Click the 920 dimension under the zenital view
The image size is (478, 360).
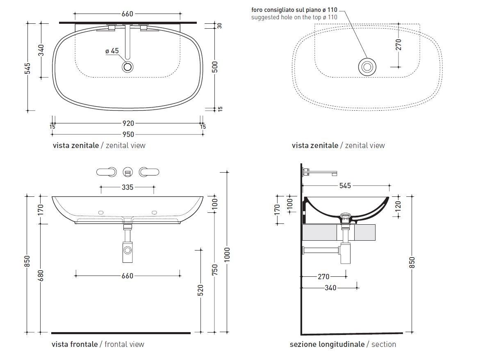128,123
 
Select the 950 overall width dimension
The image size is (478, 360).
128,134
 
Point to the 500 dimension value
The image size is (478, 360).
214,67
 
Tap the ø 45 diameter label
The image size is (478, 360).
112,51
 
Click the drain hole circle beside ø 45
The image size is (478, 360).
128,67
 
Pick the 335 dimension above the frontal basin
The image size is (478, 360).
127,187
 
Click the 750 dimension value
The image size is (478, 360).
214,270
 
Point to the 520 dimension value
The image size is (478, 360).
200,290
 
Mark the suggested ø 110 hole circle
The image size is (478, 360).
367,67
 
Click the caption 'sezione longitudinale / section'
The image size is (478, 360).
343,344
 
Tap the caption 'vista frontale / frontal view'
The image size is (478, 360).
98,344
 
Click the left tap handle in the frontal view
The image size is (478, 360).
105,171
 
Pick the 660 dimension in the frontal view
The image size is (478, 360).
127,276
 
